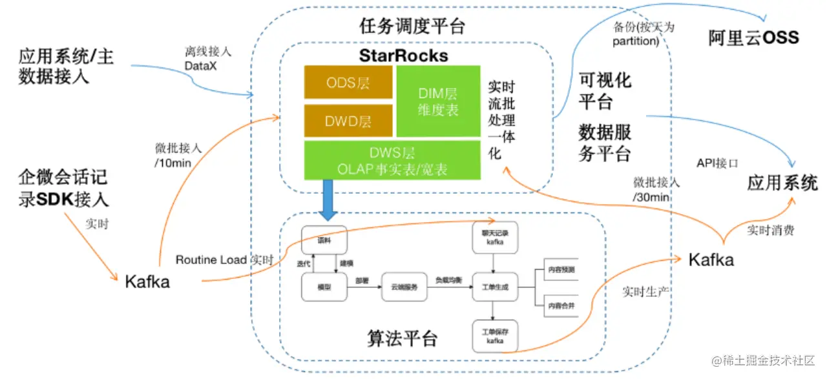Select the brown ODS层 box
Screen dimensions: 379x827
coord(348,82)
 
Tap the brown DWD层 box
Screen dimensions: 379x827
coord(348,121)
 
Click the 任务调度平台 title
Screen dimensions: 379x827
coord(412,26)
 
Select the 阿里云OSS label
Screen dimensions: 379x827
coord(753,37)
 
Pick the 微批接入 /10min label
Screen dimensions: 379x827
coord(178,155)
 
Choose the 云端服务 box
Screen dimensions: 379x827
coord(404,287)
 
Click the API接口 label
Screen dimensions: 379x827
coord(717,163)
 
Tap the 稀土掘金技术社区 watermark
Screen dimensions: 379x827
coord(765,360)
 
